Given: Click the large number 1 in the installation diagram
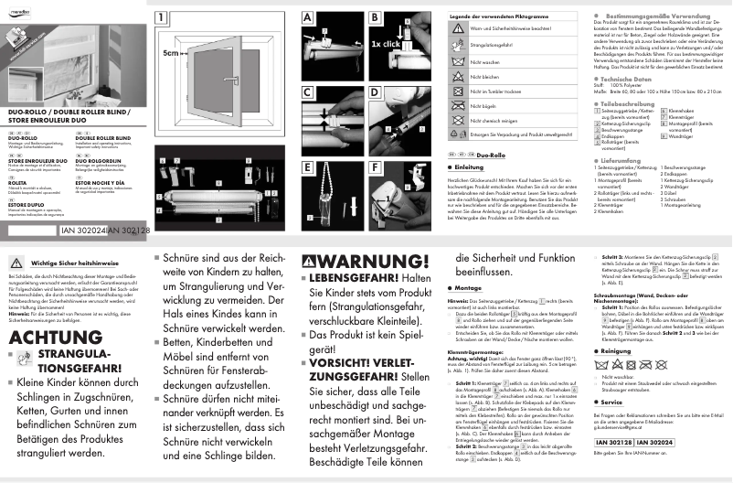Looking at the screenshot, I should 162,16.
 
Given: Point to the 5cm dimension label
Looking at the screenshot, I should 173,53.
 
